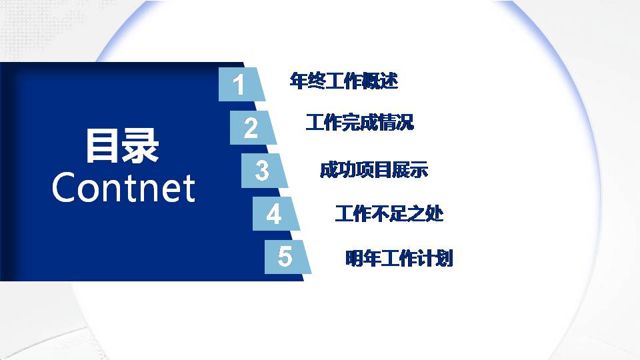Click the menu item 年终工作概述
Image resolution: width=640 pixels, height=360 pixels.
[344, 81]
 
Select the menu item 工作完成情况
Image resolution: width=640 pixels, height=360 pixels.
[359, 123]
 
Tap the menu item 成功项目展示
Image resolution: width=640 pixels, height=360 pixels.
[373, 170]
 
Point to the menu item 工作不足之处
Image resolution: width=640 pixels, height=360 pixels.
[389, 214]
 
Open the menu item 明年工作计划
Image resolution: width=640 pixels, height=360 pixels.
[399, 259]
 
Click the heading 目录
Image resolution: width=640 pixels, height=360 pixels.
[123, 147]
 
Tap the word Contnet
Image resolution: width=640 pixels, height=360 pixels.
[123, 188]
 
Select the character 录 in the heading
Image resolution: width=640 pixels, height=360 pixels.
[141, 147]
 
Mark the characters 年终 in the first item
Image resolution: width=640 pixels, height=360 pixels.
[304, 81]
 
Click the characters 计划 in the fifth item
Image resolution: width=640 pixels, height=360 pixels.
[439, 259]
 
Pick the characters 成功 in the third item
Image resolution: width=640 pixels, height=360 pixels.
[333, 170]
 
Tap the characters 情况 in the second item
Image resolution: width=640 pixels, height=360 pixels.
[399, 123]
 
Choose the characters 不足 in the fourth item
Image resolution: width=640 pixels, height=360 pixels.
[389, 214]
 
